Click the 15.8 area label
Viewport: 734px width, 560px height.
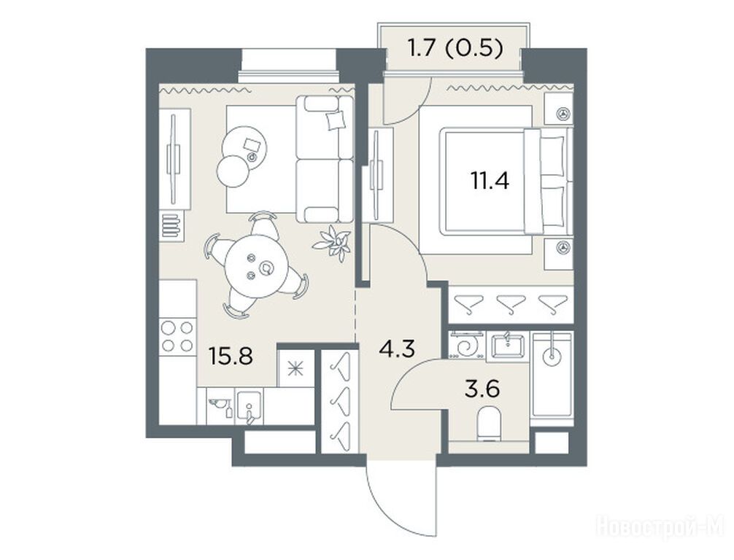231,357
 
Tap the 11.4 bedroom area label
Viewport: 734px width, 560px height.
490,181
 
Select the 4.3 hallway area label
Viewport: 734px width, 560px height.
397,349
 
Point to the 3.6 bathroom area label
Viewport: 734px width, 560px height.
482,389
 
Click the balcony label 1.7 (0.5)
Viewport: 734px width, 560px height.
455,48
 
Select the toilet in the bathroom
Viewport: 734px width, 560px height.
489,424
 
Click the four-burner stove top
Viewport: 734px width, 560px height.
177,336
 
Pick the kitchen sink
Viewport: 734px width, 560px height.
249,406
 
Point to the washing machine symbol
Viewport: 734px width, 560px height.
466,346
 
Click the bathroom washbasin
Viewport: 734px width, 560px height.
507,346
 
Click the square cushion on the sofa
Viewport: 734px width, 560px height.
336,121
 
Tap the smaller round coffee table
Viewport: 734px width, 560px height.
233,171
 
